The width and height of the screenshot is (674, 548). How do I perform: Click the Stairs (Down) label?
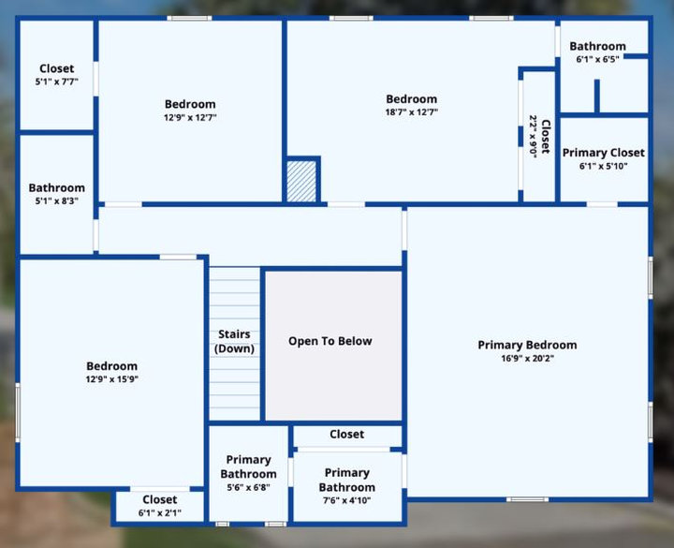click(x=234, y=341)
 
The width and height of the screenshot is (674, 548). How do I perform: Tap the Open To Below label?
click(x=330, y=341)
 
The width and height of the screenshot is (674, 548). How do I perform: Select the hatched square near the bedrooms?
click(x=301, y=181)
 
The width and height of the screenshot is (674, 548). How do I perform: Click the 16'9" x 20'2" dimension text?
click(x=527, y=358)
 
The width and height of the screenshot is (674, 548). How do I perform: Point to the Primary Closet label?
click(x=604, y=153)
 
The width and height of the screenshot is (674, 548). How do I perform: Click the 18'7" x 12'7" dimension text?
click(x=411, y=112)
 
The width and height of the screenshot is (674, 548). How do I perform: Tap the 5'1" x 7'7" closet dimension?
click(x=57, y=81)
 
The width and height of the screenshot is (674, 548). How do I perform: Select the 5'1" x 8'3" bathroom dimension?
click(x=57, y=200)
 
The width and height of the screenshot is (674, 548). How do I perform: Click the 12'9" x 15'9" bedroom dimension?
click(x=111, y=379)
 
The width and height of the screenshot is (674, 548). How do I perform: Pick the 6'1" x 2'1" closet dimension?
click(x=160, y=512)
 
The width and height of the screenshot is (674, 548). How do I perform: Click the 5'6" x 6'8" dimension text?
click(x=248, y=487)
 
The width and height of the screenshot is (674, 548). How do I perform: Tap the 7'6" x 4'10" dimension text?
click(x=347, y=500)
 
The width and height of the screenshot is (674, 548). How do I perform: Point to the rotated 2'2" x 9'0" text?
click(x=533, y=137)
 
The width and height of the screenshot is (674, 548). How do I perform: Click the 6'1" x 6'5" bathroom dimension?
click(x=597, y=59)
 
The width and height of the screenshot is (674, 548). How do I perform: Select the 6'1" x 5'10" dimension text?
click(x=604, y=166)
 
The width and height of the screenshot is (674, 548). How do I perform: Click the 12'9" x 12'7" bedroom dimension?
click(x=190, y=117)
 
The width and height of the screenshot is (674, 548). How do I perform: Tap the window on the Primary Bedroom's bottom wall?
click(x=527, y=499)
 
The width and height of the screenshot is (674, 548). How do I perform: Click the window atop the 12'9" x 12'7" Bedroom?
click(x=189, y=18)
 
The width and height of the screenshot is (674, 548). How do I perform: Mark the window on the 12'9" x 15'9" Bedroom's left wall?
click(x=18, y=412)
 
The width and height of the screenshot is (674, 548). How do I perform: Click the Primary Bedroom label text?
click(x=527, y=345)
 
